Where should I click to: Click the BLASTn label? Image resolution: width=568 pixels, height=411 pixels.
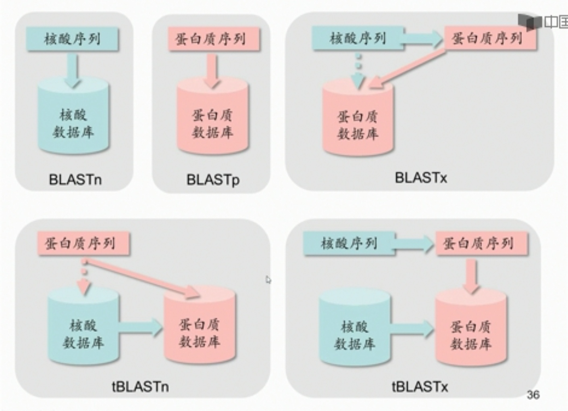pyautogui.click(x=75, y=179)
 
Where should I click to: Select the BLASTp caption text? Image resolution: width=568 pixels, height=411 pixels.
pyautogui.click(x=213, y=179)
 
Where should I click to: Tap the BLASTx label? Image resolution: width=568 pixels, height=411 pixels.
pyautogui.click(x=420, y=177)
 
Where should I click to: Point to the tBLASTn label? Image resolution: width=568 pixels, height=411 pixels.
pyautogui.click(x=140, y=387)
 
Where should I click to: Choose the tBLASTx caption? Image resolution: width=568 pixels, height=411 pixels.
pyautogui.click(x=420, y=387)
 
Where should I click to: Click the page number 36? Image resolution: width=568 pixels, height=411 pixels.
pyautogui.click(x=533, y=395)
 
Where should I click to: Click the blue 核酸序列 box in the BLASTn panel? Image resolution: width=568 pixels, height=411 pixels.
pyautogui.click(x=72, y=39)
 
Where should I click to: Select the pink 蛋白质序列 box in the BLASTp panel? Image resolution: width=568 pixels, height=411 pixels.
pyautogui.click(x=214, y=39)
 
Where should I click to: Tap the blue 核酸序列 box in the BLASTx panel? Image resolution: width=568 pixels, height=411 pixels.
pyautogui.click(x=358, y=38)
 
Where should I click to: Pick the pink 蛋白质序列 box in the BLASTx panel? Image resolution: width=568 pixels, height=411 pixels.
pyautogui.click(x=490, y=38)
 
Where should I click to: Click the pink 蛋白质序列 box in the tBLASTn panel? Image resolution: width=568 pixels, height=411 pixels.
pyautogui.click(x=83, y=243)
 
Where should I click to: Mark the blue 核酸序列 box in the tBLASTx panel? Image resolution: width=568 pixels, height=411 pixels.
pyautogui.click(x=349, y=243)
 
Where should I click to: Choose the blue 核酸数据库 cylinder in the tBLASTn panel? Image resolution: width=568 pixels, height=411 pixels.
pyautogui.click(x=83, y=331)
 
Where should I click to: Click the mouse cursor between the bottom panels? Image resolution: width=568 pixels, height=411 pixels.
pyautogui.click(x=268, y=280)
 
